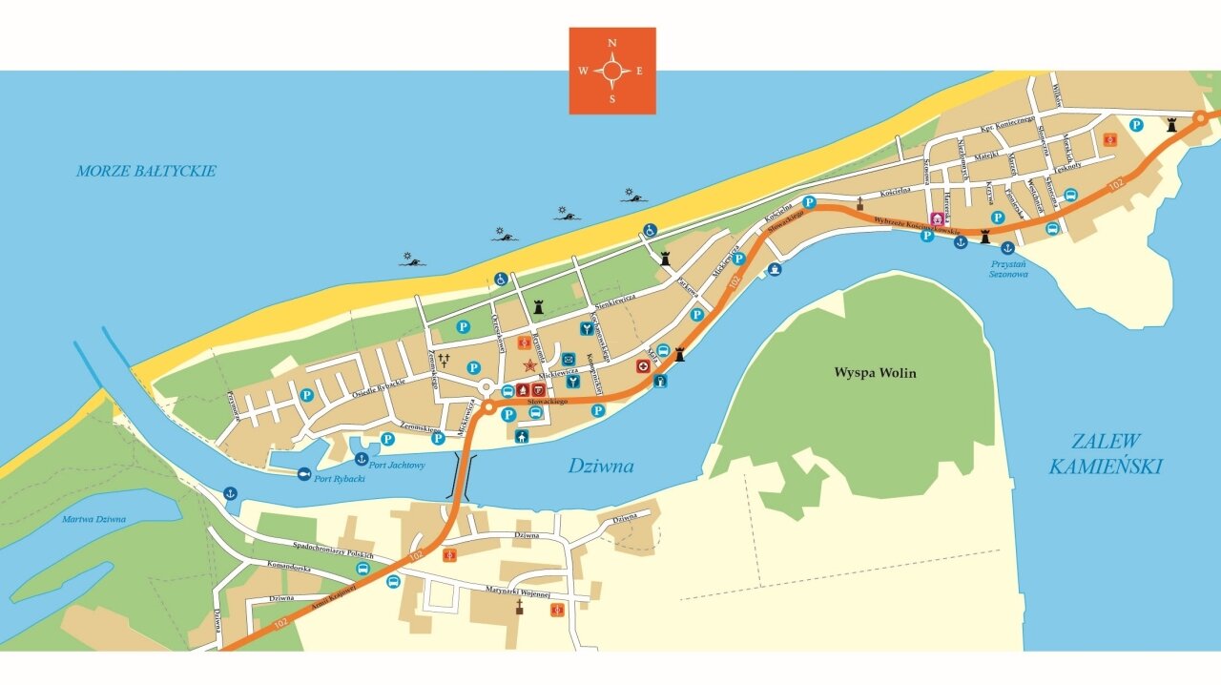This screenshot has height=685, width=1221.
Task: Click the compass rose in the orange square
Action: (611, 71)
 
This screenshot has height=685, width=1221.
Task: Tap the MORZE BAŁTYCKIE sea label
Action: (146, 172)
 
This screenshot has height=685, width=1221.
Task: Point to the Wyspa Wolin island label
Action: (875, 373)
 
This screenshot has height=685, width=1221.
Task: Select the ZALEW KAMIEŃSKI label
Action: (1106, 454)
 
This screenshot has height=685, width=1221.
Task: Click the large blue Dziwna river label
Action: (601, 467)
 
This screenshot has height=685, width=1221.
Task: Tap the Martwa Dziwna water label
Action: (93, 520)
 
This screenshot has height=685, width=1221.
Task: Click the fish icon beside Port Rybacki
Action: (304, 473)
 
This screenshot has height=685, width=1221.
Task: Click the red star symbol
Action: (530, 365)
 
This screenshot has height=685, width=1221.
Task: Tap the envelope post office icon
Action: (569, 358)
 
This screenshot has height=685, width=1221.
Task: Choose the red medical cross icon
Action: (643, 365)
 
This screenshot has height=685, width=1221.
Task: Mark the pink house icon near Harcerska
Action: (937, 219)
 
